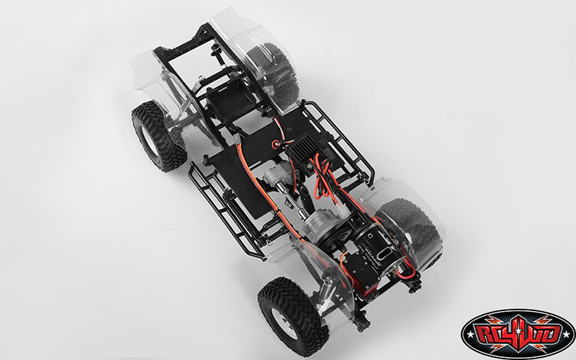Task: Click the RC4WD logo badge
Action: (518, 334)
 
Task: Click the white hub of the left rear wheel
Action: (150, 140)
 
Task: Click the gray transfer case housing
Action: (318, 224)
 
